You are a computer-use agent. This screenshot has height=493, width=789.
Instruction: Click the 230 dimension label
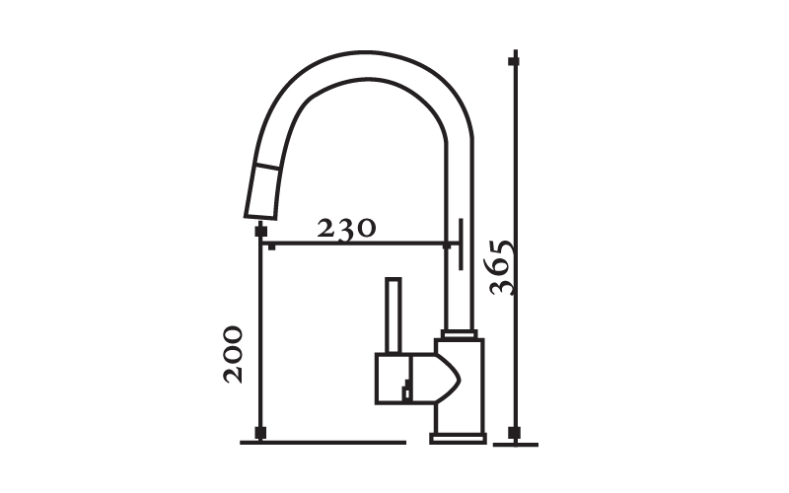pyautogui.click(x=346, y=229)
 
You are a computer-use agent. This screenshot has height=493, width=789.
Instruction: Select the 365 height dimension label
pyautogui.click(x=502, y=268)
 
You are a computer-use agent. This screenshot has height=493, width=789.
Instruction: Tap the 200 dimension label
pyautogui.click(x=233, y=355)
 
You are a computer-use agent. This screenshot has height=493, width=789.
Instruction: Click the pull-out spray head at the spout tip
pyautogui.click(x=262, y=191)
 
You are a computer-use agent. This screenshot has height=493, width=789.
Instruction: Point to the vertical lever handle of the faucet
pyautogui.click(x=393, y=316)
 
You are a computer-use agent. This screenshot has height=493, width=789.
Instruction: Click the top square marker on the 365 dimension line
pyautogui.click(x=514, y=62)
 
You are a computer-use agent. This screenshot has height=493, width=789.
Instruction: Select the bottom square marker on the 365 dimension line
pyautogui.click(x=514, y=432)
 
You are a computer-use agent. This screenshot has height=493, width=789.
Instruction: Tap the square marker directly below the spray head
pyautogui.click(x=260, y=232)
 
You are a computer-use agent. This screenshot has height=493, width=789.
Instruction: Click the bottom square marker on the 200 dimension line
pyautogui.click(x=260, y=433)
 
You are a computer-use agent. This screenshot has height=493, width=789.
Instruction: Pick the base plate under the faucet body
pyautogui.click(x=458, y=439)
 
